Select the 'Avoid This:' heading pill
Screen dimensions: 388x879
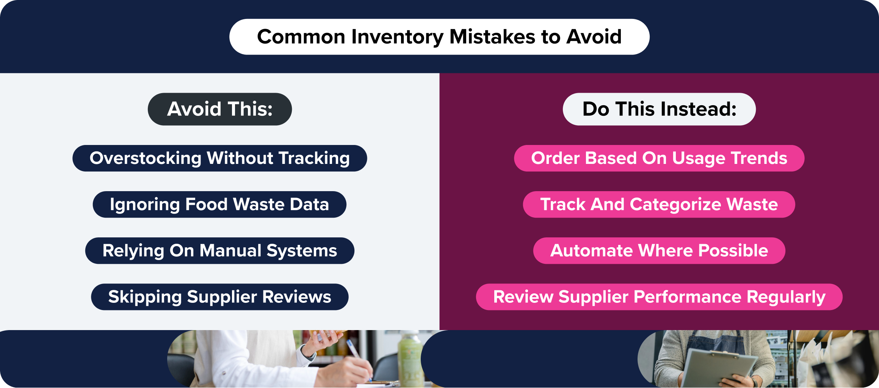click(220, 109)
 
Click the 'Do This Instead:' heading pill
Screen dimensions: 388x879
click(659, 109)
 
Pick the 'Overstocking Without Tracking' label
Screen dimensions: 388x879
click(220, 158)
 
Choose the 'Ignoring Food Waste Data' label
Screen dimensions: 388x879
click(219, 204)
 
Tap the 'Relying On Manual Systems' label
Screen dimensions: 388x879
click(220, 251)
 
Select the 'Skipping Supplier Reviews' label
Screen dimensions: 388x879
click(220, 297)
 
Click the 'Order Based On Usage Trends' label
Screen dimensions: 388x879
click(659, 158)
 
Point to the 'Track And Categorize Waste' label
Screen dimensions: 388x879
click(659, 204)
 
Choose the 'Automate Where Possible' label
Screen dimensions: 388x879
click(659, 251)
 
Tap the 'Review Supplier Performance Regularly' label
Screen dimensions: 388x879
click(659, 297)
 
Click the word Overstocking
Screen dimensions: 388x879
click(145, 158)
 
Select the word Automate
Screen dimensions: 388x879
click(591, 251)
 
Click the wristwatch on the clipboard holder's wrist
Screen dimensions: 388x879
click(752, 382)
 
